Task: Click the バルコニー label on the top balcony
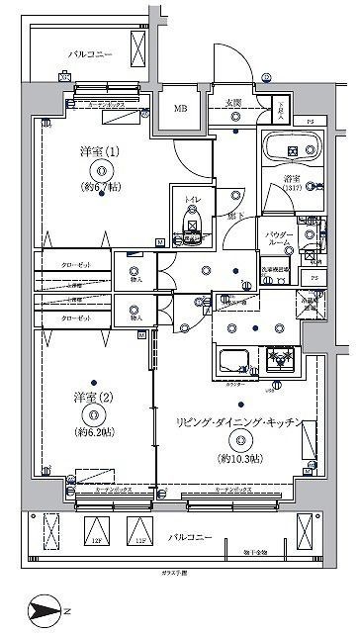pyautogui.click(x=90, y=53)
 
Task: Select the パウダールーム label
pyautogui.click(x=280, y=239)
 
